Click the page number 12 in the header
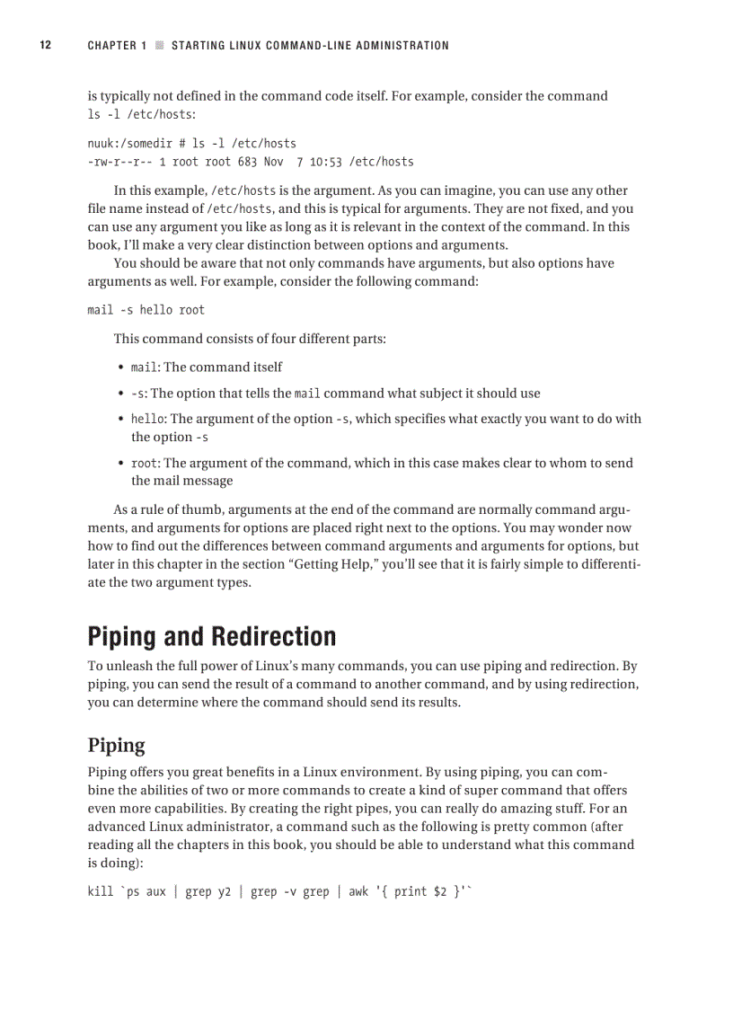(45, 45)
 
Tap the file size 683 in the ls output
(247, 162)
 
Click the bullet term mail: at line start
(146, 367)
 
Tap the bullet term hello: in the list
(149, 419)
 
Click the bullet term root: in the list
(146, 463)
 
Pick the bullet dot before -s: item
(120, 394)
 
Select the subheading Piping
(116, 745)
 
